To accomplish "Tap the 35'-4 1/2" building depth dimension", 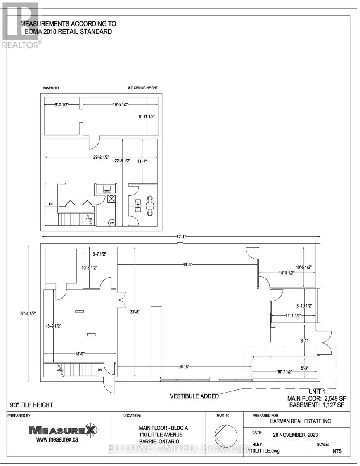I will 29,314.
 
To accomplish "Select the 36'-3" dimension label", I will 188,264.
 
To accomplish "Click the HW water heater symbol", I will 112,223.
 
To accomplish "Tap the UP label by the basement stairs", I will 51,204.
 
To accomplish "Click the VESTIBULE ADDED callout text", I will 194,396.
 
